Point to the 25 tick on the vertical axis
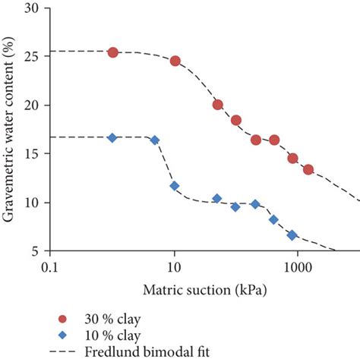pyautogui.click(x=36, y=57)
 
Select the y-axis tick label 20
pyautogui.click(x=36, y=105)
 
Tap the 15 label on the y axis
pyautogui.click(x=36, y=154)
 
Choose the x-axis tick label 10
pyautogui.click(x=174, y=268)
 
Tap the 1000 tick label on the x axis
pyautogui.click(x=297, y=268)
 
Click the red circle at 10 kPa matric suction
pyautogui.click(x=175, y=61)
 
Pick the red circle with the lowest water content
pyautogui.click(x=308, y=169)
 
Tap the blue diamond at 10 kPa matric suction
pyautogui.click(x=175, y=185)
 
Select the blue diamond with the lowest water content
pyautogui.click(x=292, y=235)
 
